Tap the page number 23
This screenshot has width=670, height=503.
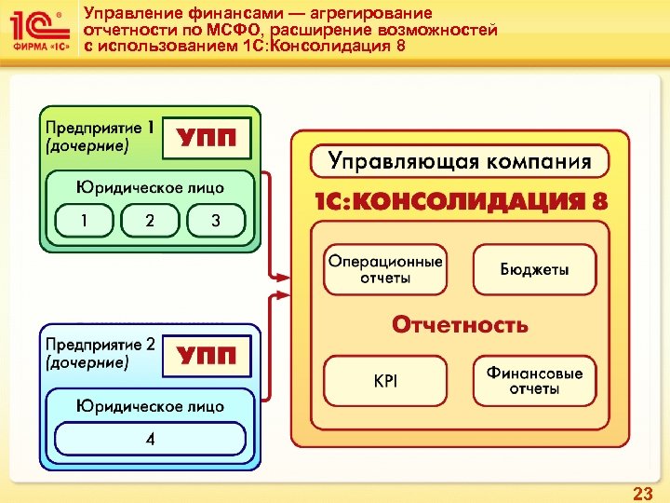pyautogui.click(x=642, y=494)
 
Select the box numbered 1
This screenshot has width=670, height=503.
pyautogui.click(x=85, y=221)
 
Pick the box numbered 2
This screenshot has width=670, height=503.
pyautogui.click(x=150, y=221)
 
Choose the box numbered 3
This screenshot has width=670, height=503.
pyautogui.click(x=216, y=221)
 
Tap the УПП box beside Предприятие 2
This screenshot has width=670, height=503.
pyautogui.click(x=207, y=356)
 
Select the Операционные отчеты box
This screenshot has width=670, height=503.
pyautogui.click(x=384, y=270)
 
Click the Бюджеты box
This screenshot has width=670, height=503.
pyautogui.click(x=534, y=270)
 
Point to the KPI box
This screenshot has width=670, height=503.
pyautogui.click(x=384, y=380)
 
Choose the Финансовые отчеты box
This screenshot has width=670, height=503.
pyautogui.click(x=534, y=380)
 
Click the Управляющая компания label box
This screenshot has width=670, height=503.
pyautogui.click(x=460, y=161)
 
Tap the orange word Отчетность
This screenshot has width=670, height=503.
pyautogui.click(x=460, y=325)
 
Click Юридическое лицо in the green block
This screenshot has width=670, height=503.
pyautogui.click(x=150, y=186)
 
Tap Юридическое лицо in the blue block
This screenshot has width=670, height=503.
pyautogui.click(x=150, y=405)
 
